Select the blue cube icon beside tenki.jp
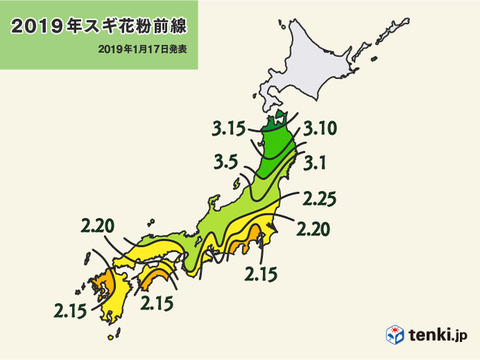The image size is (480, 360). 395,332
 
